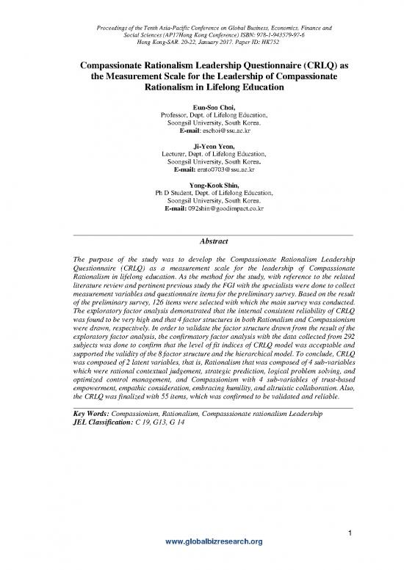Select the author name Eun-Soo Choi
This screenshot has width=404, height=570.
(201, 108)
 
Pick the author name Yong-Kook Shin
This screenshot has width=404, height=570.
(201, 185)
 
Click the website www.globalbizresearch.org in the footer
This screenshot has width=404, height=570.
(201, 561)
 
